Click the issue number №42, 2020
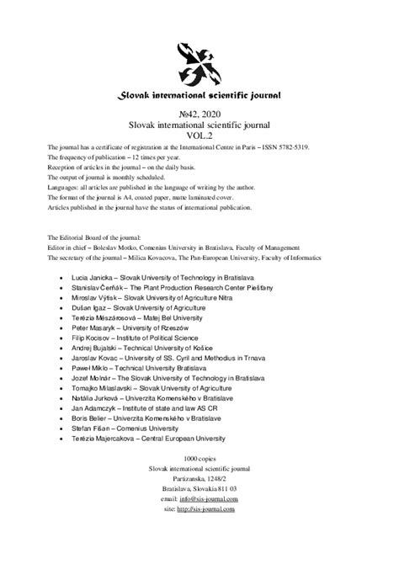point(199,112)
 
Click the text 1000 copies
point(199,500)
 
